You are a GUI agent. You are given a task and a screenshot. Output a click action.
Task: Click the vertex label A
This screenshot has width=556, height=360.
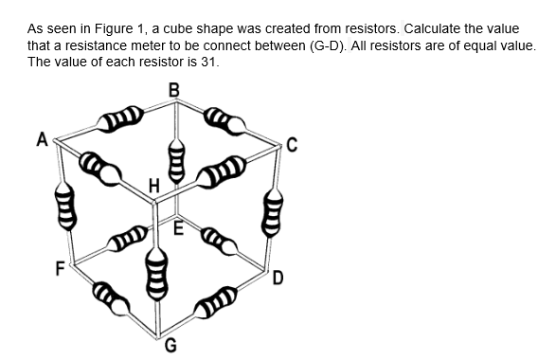click(43, 139)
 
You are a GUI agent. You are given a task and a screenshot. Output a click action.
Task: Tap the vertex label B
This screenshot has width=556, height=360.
click(173, 90)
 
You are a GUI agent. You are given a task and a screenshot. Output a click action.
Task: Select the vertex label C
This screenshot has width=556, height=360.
click(292, 145)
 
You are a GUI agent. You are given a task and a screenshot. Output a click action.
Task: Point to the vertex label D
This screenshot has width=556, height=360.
click(278, 278)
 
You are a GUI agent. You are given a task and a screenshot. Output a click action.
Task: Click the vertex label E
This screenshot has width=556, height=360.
click(179, 228)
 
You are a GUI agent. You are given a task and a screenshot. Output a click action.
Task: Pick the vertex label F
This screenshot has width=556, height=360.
click(61, 268)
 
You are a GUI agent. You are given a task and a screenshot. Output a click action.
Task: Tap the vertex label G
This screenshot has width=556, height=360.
click(170, 346)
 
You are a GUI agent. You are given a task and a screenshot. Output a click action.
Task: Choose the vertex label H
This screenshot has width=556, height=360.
click(153, 186)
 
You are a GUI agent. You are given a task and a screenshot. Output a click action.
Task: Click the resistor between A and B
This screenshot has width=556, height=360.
click(120, 118)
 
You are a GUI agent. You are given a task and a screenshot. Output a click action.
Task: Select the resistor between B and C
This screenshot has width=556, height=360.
click(224, 121)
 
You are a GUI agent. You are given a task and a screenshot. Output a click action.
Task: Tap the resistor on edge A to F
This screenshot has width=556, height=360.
click(65, 207)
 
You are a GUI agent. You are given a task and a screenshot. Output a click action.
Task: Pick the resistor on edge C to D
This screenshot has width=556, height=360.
click(272, 213)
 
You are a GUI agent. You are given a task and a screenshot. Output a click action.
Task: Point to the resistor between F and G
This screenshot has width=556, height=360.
click(111, 297)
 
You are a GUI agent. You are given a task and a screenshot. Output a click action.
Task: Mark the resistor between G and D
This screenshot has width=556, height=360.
click(216, 302)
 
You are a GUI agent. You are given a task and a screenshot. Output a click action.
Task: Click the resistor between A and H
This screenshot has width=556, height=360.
click(100, 168)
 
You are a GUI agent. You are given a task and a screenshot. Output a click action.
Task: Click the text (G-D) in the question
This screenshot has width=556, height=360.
click(328, 45)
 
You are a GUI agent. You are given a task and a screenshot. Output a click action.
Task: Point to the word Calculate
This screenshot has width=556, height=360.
click(432, 28)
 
